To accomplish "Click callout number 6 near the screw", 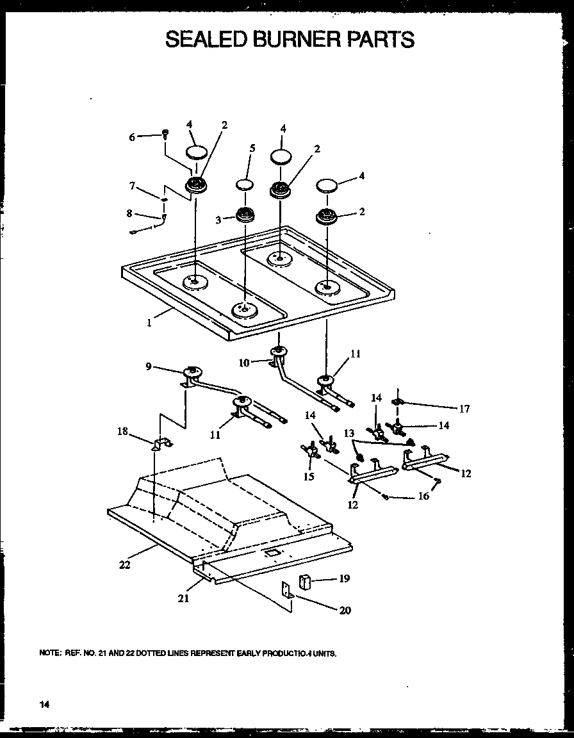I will pos(132,136).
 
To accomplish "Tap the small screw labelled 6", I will pos(165,134).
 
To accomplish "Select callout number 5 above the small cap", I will pos(252,148).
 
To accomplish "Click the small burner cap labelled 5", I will pos(245,185).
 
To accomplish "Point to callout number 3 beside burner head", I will pos(218,220).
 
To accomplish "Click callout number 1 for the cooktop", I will pos(149,323).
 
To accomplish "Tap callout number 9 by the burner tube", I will pos(149,366).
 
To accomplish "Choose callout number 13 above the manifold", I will pos(349,434).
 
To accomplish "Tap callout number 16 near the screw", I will pos(423,496).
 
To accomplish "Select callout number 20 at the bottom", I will pos(345,610).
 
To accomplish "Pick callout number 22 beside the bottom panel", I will pos(125,564).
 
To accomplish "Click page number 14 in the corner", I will pos(44,704).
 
